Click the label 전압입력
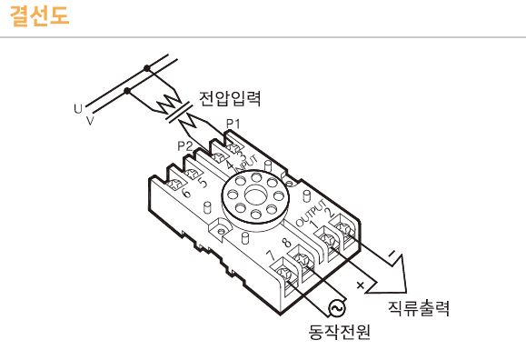pos(230,99)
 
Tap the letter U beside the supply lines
pos(77,107)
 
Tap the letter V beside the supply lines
pos(89,119)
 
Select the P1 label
pos(233,123)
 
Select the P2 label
pos(184,145)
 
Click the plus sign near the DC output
pos(361,284)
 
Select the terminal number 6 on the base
pos(186,193)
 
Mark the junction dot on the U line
pos(146,67)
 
